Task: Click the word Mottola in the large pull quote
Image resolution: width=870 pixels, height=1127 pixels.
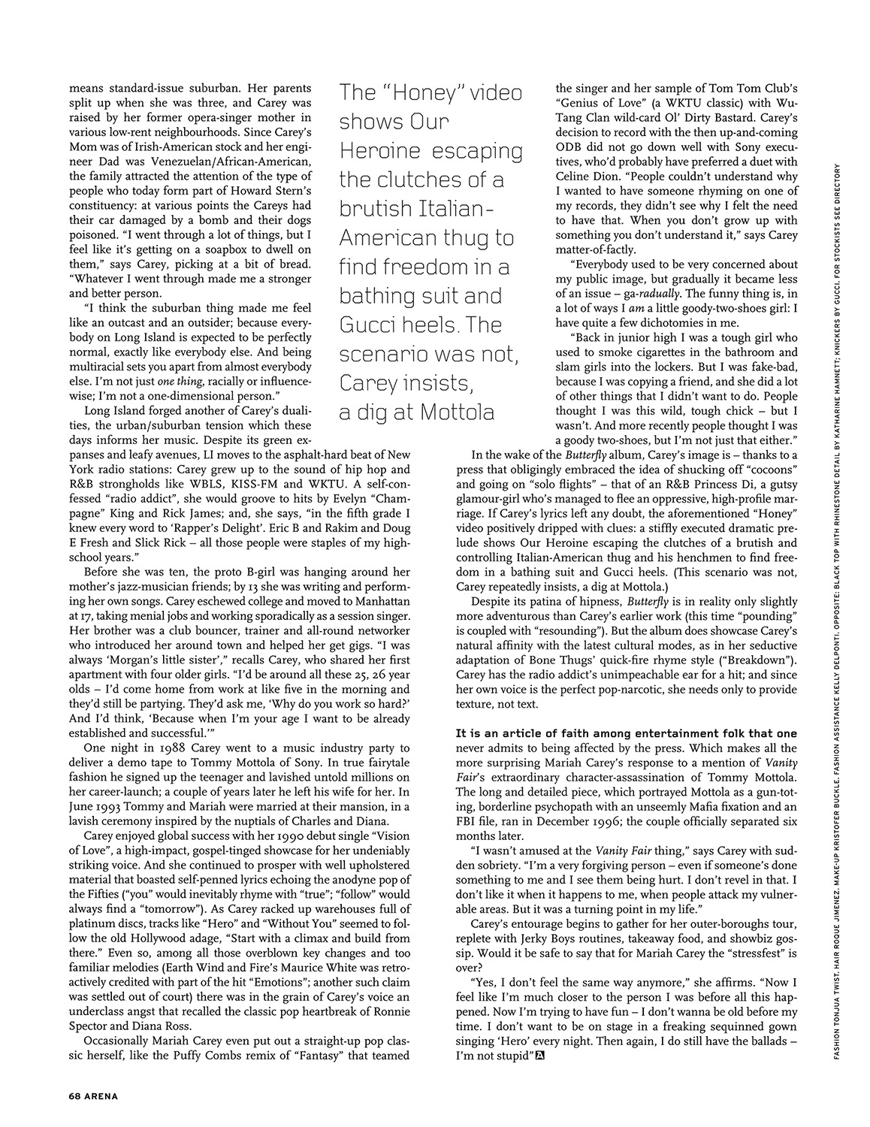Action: [460, 412]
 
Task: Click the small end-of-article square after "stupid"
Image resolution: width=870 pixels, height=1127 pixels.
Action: [539, 1056]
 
